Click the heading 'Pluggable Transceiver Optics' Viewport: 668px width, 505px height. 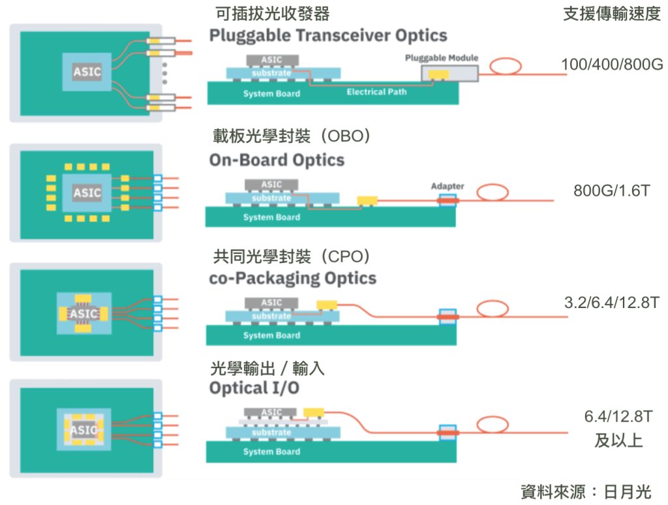point(328,35)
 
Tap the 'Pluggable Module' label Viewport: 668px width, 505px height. point(442,57)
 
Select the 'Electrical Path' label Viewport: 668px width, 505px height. point(376,91)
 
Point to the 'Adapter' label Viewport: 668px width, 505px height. point(448,186)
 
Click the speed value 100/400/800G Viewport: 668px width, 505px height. point(612,65)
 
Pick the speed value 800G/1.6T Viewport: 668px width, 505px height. point(612,191)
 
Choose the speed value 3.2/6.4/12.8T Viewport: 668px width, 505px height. point(612,303)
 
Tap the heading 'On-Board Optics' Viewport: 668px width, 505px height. point(277,161)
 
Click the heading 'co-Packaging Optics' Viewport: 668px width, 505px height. point(293,279)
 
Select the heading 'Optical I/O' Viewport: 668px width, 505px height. point(254,388)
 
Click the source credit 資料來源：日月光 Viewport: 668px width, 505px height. point(586,492)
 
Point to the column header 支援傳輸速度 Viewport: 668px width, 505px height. point(612,14)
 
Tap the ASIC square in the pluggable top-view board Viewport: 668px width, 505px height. point(87,72)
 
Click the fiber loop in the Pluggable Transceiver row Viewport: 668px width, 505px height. point(506,67)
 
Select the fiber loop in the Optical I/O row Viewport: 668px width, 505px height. point(493,425)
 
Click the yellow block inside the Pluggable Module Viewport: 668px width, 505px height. point(438,75)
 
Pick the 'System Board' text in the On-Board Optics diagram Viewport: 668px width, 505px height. point(271,217)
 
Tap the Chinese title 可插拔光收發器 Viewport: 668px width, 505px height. point(273,14)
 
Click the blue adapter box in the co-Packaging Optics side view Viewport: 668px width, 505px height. point(448,316)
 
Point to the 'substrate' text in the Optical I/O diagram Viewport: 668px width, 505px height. point(271,433)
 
